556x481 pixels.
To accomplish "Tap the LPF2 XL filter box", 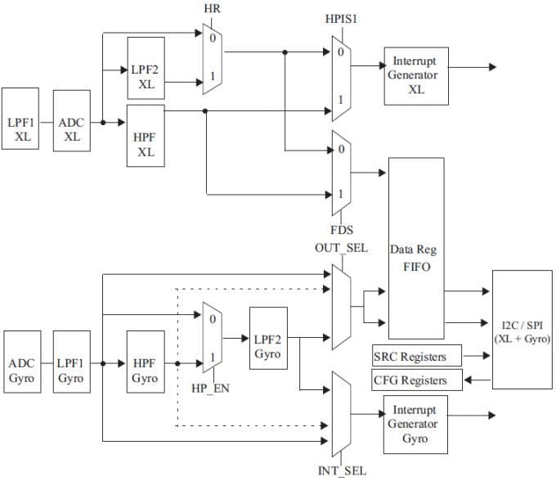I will pyautogui.click(x=146, y=70).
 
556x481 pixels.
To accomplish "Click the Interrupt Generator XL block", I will pyautogui.click(x=416, y=74).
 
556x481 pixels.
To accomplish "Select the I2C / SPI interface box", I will pyautogui.click(x=522, y=330).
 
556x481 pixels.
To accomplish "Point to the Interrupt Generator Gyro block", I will pyautogui.click(x=416, y=424).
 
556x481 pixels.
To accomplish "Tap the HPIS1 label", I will pyautogui.click(x=342, y=18).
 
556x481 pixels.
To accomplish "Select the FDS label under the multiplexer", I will pyautogui.click(x=342, y=231).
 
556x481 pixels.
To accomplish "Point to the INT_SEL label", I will pyautogui.click(x=341, y=470).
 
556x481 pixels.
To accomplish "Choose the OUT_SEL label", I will pyautogui.click(x=341, y=247).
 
